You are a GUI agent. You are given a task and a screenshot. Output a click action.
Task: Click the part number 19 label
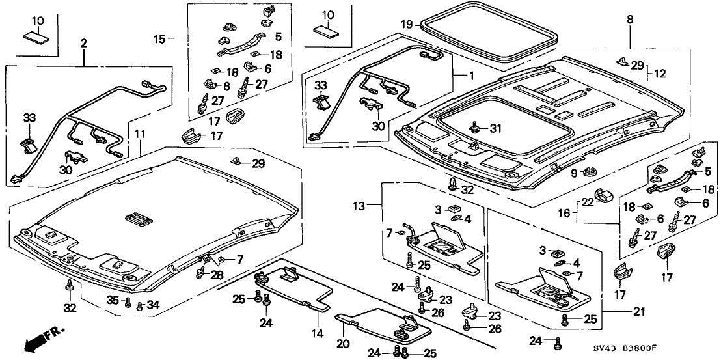click(406, 25)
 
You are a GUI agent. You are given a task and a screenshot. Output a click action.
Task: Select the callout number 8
click(631, 20)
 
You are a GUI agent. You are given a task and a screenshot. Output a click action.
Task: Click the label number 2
click(83, 44)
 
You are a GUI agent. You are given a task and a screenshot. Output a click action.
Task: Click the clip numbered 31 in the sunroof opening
click(476, 128)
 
